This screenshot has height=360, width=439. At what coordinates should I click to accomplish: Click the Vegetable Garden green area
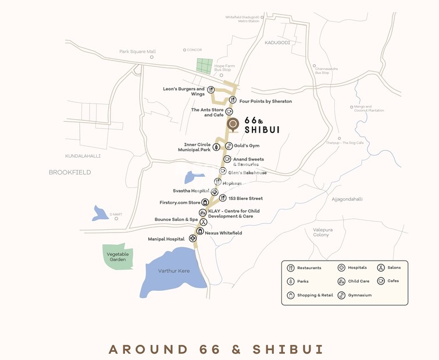point(118,256)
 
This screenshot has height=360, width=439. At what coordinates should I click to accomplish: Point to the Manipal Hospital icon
point(193,238)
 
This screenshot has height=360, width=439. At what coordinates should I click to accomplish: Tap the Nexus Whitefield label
point(223,233)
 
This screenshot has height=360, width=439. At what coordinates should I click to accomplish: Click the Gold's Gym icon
point(229,145)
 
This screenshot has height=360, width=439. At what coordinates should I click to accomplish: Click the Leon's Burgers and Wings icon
point(210,90)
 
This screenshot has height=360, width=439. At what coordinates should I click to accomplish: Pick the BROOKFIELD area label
point(70,172)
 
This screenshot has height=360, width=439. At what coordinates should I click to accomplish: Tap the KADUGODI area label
point(277,42)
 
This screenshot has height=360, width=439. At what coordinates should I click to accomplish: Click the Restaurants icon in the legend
point(291,268)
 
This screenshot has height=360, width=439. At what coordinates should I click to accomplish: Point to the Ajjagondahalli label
point(347,199)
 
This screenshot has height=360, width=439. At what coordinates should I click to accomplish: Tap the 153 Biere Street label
point(245,198)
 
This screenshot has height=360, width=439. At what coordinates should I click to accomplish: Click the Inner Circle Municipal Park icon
point(216,147)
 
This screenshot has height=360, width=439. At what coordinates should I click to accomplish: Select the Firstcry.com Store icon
point(205,202)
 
